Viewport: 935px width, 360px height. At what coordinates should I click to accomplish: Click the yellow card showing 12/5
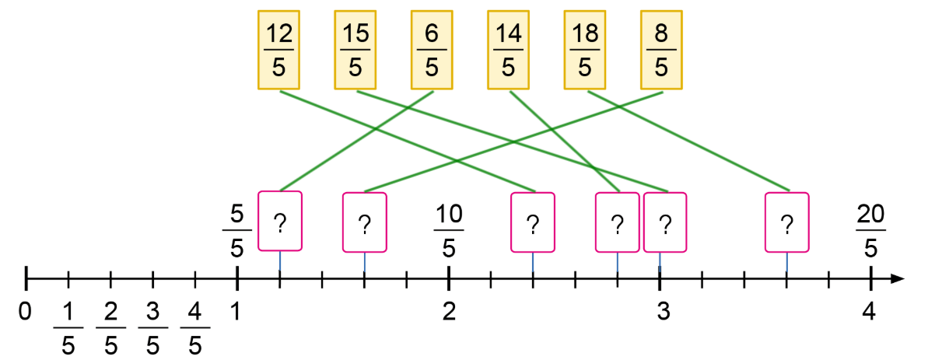278,49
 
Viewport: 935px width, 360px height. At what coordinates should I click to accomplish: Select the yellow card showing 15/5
355,49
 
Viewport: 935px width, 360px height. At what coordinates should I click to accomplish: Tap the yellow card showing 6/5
432,49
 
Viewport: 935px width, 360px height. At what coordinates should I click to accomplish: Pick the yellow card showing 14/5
509,49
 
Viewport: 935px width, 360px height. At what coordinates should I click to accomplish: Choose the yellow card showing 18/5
585,49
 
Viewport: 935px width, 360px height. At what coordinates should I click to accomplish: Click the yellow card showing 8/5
662,49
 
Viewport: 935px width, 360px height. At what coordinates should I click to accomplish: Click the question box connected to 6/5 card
279,221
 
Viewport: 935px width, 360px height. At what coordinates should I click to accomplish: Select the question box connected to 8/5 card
364,222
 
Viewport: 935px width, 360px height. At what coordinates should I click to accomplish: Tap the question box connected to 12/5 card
532,222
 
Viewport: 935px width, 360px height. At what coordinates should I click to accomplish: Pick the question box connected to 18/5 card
786,222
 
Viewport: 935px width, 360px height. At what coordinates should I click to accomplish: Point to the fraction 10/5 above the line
449,231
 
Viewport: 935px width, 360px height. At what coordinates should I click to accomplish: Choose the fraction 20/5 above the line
870,231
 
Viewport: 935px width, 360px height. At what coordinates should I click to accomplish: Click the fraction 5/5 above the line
237,231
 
